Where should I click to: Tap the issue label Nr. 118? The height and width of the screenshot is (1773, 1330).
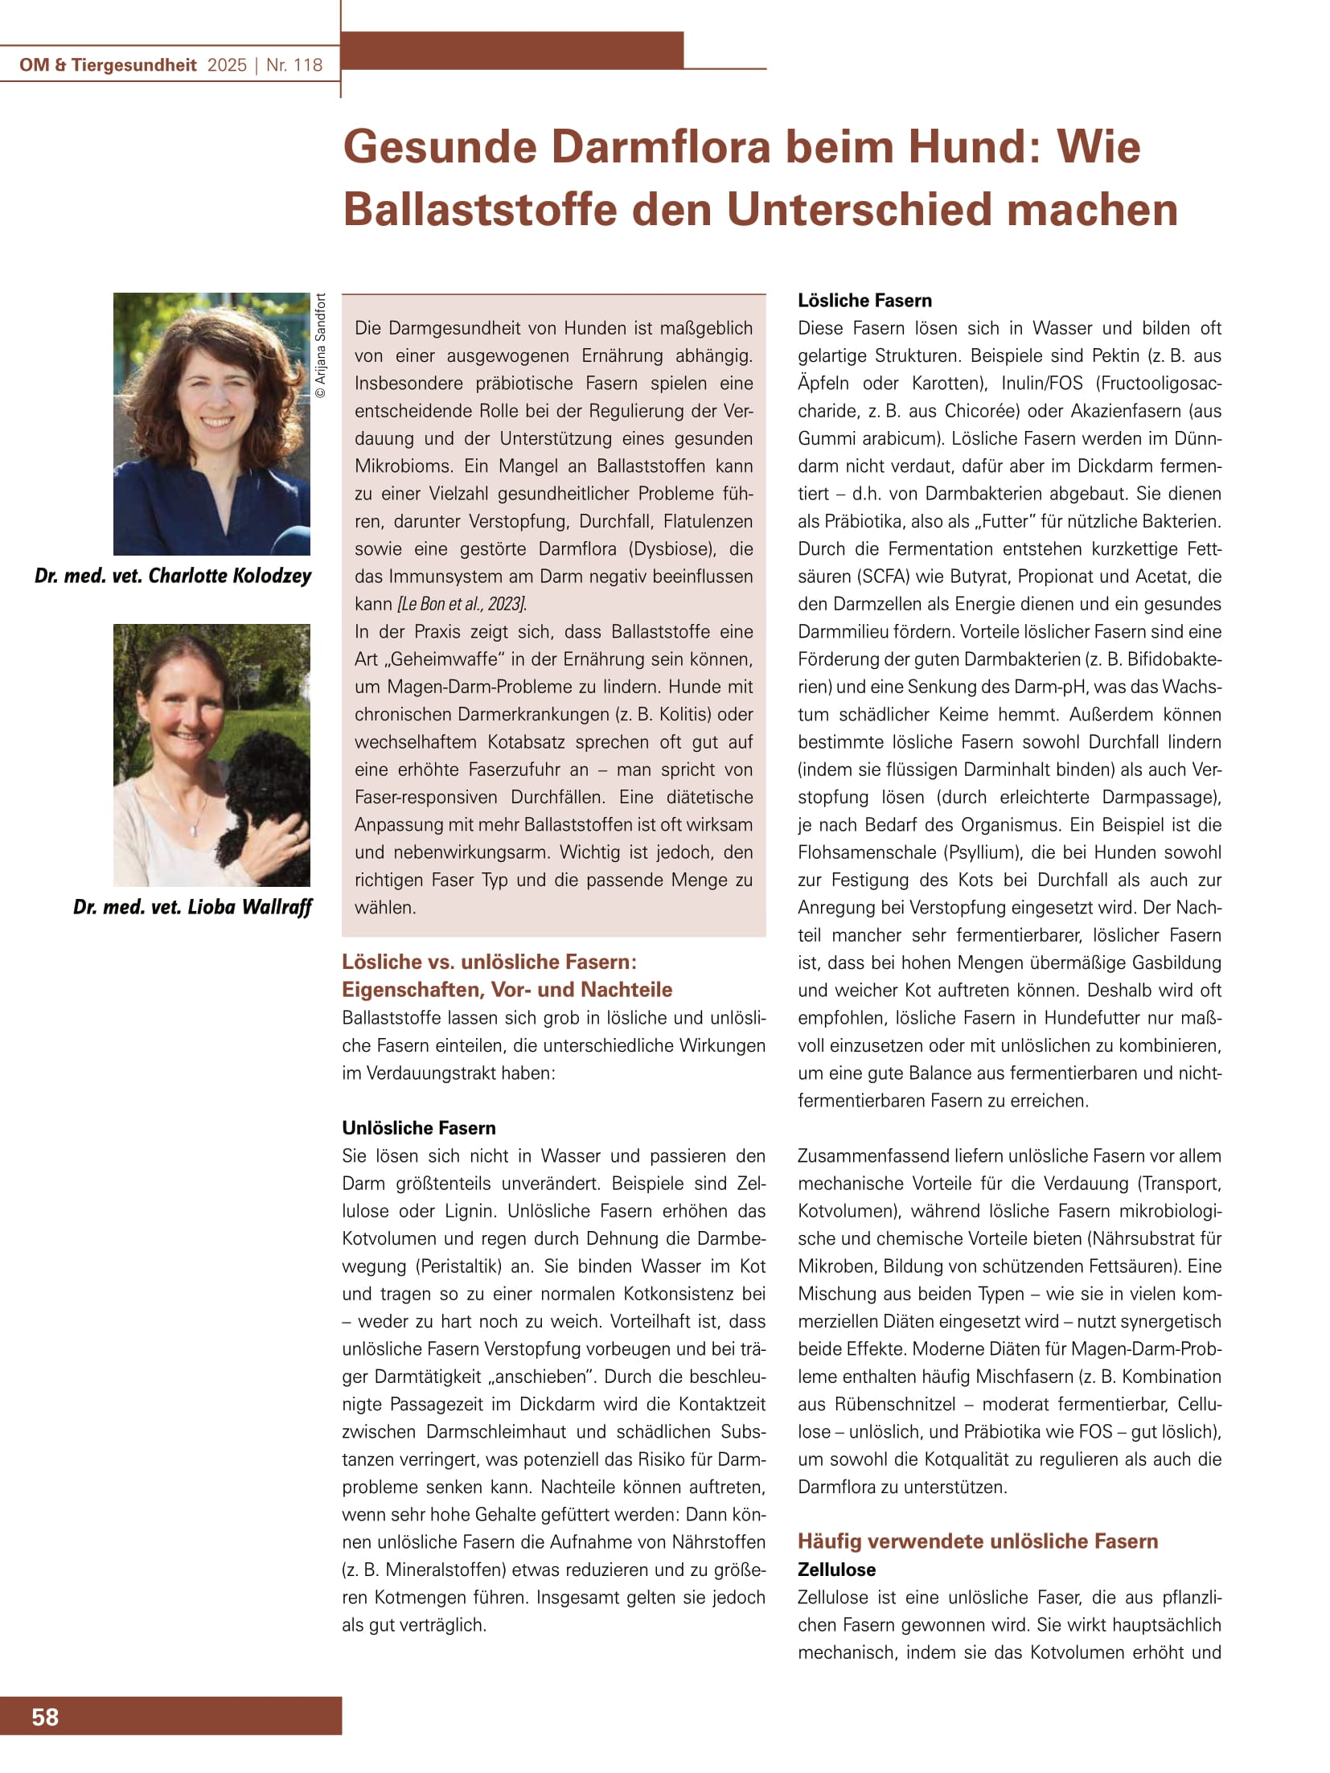[x=294, y=65]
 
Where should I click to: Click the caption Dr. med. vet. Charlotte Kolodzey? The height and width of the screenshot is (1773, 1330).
[x=173, y=576]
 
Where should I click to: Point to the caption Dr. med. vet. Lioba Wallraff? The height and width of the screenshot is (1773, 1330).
[x=192, y=907]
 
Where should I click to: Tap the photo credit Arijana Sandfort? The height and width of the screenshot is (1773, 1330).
[x=321, y=346]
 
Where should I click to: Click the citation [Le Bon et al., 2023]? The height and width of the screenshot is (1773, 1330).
[x=462, y=604]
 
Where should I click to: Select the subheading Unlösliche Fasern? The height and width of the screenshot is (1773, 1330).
[x=419, y=1127]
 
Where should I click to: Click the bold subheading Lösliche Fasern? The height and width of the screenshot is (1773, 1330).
[x=864, y=301]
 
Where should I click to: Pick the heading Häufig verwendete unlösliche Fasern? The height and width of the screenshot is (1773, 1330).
[x=978, y=1541]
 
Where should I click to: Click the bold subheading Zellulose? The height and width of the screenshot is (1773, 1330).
[x=836, y=1570]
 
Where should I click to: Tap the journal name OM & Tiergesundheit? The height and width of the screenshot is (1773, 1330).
[x=108, y=65]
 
